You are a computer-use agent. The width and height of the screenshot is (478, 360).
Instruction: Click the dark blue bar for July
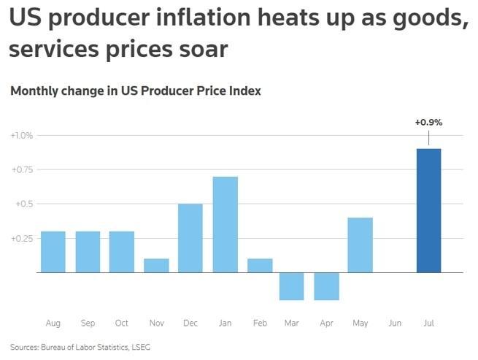(428, 210)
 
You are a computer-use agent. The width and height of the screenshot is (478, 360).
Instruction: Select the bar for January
(225, 224)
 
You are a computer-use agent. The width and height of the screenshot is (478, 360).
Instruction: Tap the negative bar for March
(292, 286)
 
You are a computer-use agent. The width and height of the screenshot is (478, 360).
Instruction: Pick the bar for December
(190, 238)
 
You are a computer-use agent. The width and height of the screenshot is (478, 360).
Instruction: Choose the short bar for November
(156, 265)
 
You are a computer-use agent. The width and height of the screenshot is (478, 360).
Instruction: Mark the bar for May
(361, 245)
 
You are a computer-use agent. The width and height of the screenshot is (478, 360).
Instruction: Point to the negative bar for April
(326, 286)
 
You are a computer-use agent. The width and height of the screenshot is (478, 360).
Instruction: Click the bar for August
(53, 252)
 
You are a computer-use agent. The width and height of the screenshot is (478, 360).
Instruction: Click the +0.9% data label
(428, 122)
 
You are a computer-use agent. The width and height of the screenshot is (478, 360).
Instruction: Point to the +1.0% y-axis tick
(22, 136)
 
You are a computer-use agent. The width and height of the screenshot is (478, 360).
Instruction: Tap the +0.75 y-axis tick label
(22, 170)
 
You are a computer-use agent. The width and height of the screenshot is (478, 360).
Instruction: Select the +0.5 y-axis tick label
(24, 204)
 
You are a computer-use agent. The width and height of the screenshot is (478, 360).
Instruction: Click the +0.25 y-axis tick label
(22, 238)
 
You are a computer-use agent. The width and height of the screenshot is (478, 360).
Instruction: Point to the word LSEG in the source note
(139, 347)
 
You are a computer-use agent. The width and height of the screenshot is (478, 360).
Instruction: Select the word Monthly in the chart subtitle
(31, 91)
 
